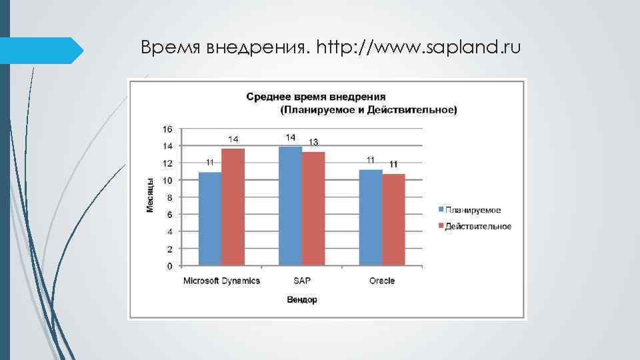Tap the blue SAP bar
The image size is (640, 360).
pyautogui.click(x=290, y=206)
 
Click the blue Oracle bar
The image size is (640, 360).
pyautogui.click(x=371, y=217)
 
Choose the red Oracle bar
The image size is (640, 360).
pyautogui.click(x=394, y=219)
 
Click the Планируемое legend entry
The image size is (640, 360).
pyautogui.click(x=473, y=210)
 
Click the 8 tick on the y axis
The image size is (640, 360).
pyautogui.click(x=169, y=197)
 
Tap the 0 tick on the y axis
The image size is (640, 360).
pyautogui.click(x=169, y=266)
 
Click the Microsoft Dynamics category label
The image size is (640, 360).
pyautogui.click(x=222, y=281)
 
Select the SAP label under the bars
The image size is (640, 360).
pyautogui.click(x=302, y=281)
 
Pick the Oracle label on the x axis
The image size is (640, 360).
pyautogui.click(x=382, y=281)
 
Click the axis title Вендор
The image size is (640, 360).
pyautogui.click(x=302, y=300)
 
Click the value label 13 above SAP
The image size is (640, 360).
pyautogui.click(x=313, y=142)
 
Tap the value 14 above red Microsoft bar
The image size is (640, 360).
pyautogui.click(x=234, y=139)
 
